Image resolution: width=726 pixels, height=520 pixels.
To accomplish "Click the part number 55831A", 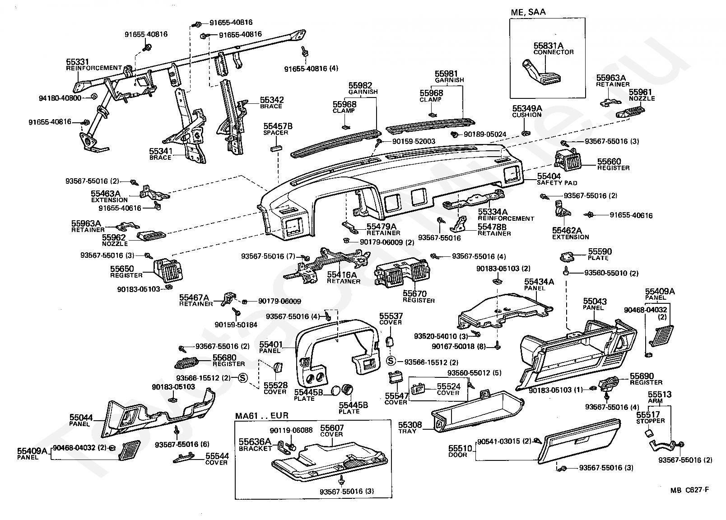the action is click(x=549, y=46).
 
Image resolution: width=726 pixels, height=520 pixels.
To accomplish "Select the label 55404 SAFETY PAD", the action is click(x=557, y=179).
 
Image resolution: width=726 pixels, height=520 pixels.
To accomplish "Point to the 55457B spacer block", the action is click(x=276, y=149).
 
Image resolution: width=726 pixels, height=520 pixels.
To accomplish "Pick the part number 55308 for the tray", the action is click(x=410, y=425).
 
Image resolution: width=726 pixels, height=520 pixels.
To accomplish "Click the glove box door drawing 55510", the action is click(x=580, y=441).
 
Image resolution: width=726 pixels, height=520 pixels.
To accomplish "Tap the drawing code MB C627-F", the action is click(x=689, y=490).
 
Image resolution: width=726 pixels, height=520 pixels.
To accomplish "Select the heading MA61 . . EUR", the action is click(x=261, y=416).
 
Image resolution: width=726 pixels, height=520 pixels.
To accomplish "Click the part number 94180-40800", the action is click(x=60, y=98).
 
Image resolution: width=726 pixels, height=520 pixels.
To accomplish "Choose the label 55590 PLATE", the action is click(x=600, y=254).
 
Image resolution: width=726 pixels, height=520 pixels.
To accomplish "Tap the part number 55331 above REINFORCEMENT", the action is click(x=78, y=61).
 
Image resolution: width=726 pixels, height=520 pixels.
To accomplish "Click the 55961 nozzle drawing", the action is click(x=630, y=112).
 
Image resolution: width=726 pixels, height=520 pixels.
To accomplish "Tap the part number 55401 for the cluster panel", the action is click(x=270, y=344).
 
